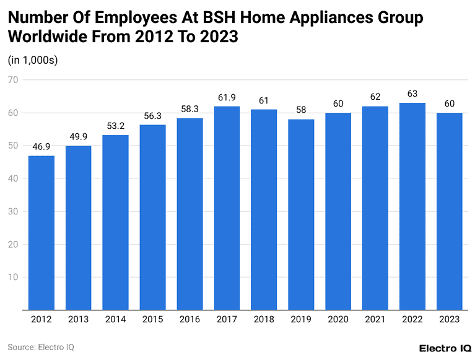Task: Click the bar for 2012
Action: (x=41, y=232)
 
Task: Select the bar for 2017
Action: (x=227, y=208)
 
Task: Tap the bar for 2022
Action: (x=412, y=206)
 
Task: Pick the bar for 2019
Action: (x=301, y=214)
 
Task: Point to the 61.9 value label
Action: (x=227, y=98)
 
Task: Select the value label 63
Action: (x=412, y=94)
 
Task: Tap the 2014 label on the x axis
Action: (x=116, y=320)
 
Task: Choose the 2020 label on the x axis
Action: (x=338, y=320)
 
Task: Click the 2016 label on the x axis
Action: (x=190, y=320)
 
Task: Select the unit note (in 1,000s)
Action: (x=32, y=60)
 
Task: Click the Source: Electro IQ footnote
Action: (x=41, y=347)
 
